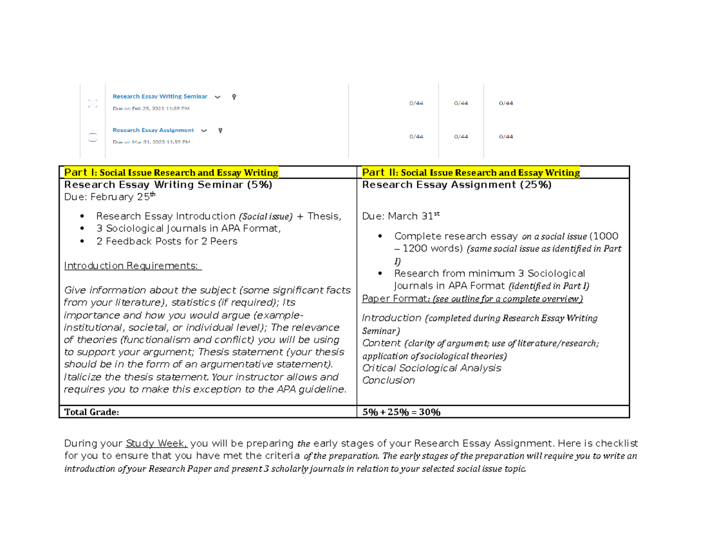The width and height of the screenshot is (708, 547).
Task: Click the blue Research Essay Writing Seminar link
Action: tap(160, 96)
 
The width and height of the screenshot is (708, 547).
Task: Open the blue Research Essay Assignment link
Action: tap(153, 130)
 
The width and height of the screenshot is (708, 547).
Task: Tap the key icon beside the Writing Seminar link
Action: tap(234, 96)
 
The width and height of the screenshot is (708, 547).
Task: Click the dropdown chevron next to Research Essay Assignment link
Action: tap(204, 130)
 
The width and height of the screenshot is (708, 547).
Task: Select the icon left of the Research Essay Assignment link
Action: tap(92, 137)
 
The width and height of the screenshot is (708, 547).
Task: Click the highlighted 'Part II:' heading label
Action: tap(379, 173)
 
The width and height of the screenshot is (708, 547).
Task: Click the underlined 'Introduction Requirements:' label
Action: tap(133, 266)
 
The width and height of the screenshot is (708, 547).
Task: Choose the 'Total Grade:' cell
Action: tap(91, 412)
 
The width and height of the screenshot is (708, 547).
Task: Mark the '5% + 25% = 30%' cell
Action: tap(401, 412)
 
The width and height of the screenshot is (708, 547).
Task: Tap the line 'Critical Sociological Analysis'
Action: tap(431, 368)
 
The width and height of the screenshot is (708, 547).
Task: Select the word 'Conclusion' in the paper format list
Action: tap(388, 380)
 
